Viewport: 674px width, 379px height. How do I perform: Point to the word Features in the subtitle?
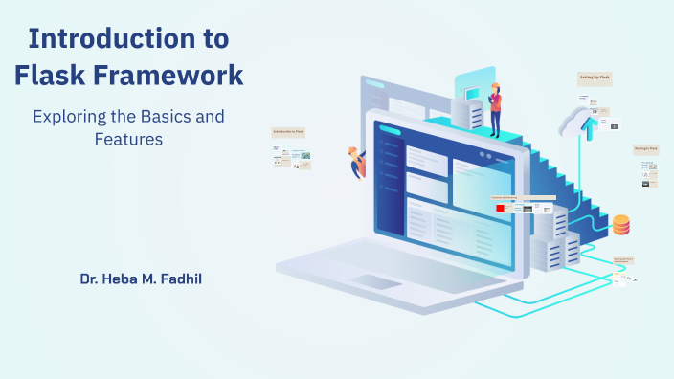128,139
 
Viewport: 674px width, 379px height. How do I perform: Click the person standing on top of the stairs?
495,108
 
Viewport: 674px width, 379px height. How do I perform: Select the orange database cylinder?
621,225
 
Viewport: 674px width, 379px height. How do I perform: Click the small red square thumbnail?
500,208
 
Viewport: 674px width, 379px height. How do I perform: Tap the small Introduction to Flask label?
288,131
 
